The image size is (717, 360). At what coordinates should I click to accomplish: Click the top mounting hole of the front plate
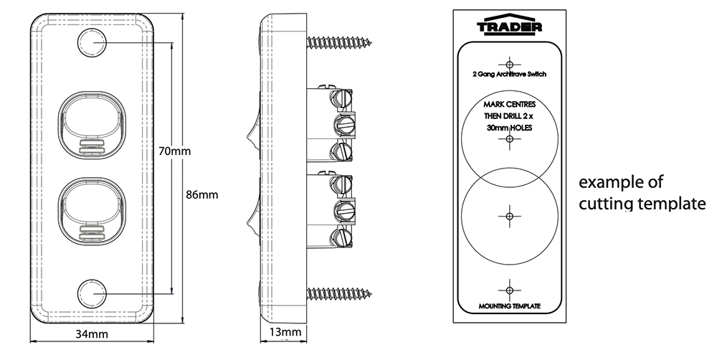click(x=91, y=43)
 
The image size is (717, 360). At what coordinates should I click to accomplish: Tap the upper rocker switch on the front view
click(x=91, y=121)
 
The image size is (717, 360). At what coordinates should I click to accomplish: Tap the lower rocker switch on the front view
click(x=91, y=207)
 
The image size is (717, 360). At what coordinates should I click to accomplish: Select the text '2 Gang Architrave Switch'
click(x=509, y=74)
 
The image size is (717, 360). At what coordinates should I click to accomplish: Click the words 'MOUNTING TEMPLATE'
click(x=509, y=307)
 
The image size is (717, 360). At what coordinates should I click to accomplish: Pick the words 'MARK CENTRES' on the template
click(x=509, y=105)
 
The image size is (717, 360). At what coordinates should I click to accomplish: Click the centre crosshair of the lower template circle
click(x=509, y=215)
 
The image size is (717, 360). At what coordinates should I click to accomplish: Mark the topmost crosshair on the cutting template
click(x=509, y=62)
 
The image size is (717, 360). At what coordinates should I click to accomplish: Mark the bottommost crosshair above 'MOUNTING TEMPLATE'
click(x=509, y=290)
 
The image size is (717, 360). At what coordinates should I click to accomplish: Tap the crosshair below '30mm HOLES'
click(x=509, y=138)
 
